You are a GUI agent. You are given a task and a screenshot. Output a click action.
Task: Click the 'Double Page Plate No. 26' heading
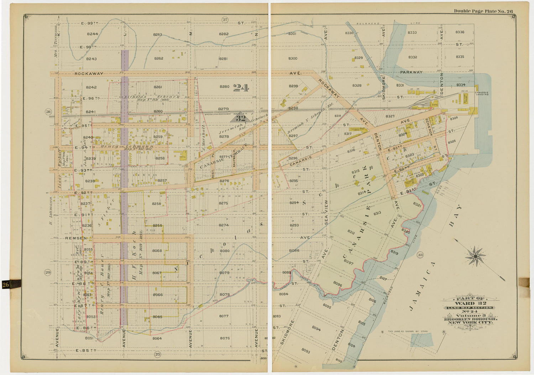click(483, 11)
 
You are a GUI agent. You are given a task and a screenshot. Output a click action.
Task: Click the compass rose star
click(475, 256)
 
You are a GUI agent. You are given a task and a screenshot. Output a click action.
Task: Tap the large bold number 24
click(241, 88)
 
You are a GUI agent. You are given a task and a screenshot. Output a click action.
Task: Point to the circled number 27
click(225, 20)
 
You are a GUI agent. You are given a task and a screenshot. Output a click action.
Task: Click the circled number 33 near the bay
click(420, 255)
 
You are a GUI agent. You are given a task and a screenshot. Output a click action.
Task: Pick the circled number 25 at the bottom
click(157, 354)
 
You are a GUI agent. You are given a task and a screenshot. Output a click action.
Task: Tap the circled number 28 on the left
click(48, 112)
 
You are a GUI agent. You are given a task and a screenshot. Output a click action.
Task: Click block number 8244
click(92, 34)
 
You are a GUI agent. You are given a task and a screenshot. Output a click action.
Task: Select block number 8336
click(460, 32)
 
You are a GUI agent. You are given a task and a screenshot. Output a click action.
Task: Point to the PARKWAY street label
click(411, 72)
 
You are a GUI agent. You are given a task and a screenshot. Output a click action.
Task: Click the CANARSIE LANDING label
click(481, 93)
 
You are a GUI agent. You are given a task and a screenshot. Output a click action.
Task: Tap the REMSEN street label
click(75, 238)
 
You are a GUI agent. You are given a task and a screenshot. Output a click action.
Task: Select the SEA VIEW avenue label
click(326, 212)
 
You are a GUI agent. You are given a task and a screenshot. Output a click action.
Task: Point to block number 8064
click(157, 338)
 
